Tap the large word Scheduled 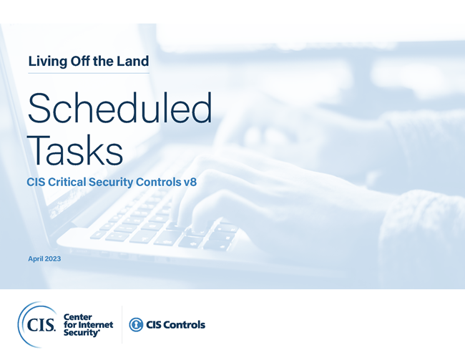(x=119, y=110)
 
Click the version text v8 (x=188, y=183)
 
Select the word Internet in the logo (x=96, y=324)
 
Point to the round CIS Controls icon (x=136, y=325)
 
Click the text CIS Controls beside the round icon (x=176, y=325)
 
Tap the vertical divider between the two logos (x=122, y=324)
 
